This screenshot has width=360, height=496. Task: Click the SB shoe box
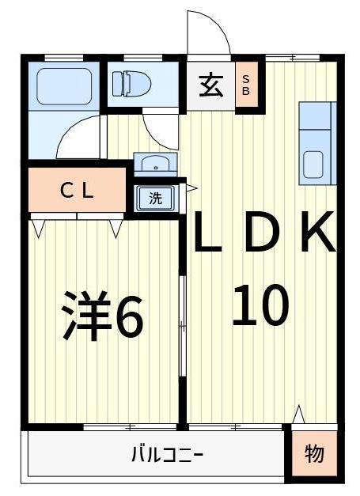245,85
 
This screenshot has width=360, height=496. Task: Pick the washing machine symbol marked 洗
156,198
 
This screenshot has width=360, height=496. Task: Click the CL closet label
78,191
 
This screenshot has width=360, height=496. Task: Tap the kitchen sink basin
314,164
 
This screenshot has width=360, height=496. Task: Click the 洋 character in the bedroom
85,316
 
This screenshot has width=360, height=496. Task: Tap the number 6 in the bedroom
128,316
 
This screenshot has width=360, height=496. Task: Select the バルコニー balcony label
167,455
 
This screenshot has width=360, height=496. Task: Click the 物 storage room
314,455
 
